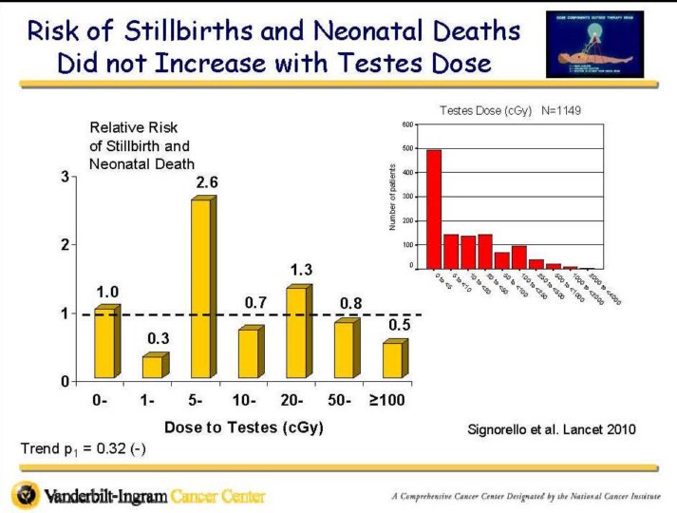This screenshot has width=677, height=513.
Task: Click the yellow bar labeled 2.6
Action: pyautogui.click(x=199, y=290)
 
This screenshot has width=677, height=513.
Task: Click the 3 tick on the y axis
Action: pyautogui.click(x=66, y=177)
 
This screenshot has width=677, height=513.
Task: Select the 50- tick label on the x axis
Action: pyautogui.click(x=340, y=401)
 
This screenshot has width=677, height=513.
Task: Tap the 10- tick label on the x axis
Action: pyautogui.click(x=244, y=401)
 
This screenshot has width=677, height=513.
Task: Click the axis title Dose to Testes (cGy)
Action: pyautogui.click(x=244, y=427)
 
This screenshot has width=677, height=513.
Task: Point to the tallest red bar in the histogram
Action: pyautogui.click(x=434, y=209)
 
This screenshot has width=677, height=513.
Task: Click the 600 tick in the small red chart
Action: pyautogui.click(x=406, y=124)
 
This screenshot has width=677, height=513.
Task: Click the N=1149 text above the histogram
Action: pyautogui.click(x=561, y=110)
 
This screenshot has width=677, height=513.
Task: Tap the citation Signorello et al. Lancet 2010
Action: pyautogui.click(x=552, y=429)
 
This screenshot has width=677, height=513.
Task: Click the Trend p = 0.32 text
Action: pyautogui.click(x=82, y=447)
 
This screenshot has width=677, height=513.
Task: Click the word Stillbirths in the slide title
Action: pyautogui.click(x=187, y=31)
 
